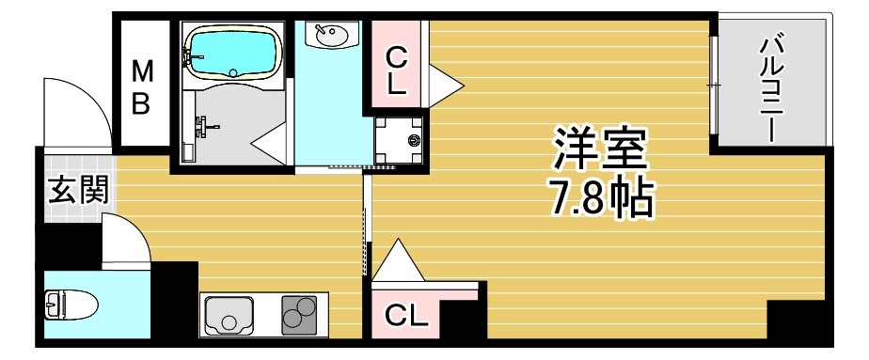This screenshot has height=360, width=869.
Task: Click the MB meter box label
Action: point(141,86)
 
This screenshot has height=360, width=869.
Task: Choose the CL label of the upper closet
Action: point(397,72)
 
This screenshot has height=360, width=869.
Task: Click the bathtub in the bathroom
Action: point(232,53)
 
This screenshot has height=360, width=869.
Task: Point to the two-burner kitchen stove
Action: point(300,313)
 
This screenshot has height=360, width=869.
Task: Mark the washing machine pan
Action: point(399,140)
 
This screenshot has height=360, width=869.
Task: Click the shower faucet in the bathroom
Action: point(203,123)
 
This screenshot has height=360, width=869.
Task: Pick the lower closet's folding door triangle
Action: point(400,261)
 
